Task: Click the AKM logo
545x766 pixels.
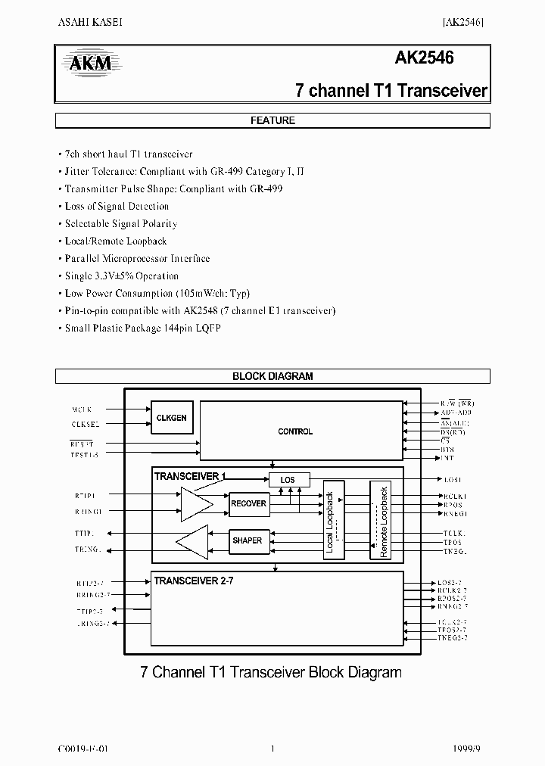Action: pos(90,64)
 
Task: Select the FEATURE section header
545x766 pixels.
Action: pos(272,120)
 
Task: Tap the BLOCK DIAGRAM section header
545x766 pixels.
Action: pos(272,376)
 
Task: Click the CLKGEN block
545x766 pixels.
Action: pos(172,418)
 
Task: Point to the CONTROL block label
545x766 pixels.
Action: pos(295,431)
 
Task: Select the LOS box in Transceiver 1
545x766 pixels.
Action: pos(289,480)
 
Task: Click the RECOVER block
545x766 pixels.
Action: pos(248,503)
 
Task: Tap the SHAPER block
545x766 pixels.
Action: pos(248,540)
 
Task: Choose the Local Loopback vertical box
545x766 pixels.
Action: pos(333,520)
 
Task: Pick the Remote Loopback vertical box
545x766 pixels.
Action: pos(381,520)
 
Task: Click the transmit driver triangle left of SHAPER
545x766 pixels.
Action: pos(192,541)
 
